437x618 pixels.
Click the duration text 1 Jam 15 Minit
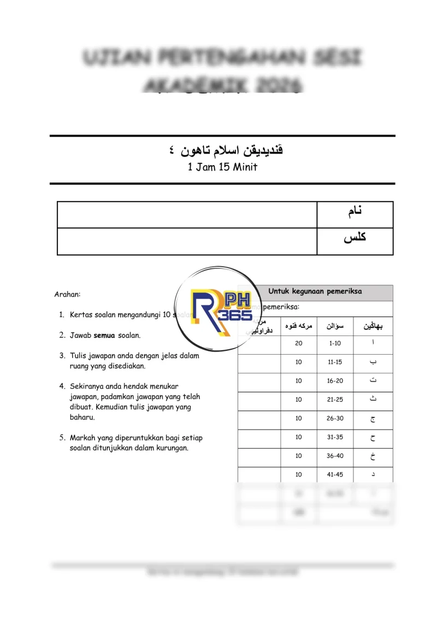click(x=222, y=167)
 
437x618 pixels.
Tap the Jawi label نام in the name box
click(x=355, y=212)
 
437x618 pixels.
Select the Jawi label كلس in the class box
click(x=355, y=238)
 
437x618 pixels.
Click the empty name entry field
click(x=187, y=214)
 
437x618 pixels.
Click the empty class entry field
click(x=187, y=241)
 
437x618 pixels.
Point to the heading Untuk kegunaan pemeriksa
click(x=315, y=292)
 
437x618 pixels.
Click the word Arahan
click(x=67, y=294)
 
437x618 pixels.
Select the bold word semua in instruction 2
click(x=104, y=335)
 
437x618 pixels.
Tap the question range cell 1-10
click(x=335, y=343)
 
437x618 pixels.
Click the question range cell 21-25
click(x=335, y=399)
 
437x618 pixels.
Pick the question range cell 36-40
click(x=335, y=456)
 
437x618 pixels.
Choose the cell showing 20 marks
click(x=298, y=343)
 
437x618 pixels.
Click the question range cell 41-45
click(x=335, y=474)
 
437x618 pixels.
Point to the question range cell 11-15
click(x=335, y=362)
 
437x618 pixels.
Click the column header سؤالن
click(x=335, y=326)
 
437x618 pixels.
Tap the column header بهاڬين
click(x=373, y=326)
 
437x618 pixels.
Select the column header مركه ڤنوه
click(x=298, y=326)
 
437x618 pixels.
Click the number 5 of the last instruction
click(x=62, y=438)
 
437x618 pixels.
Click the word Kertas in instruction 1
click(x=81, y=315)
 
